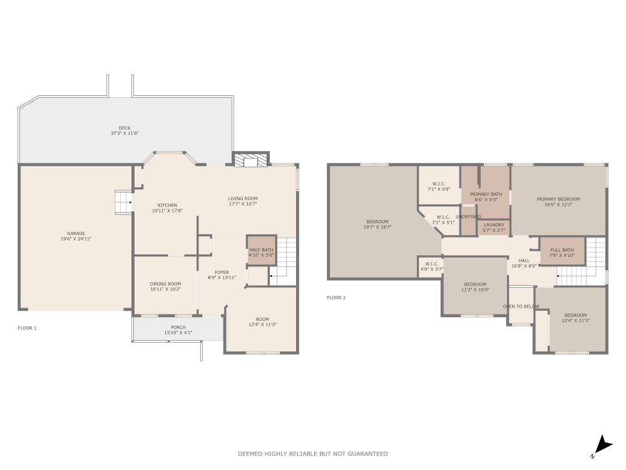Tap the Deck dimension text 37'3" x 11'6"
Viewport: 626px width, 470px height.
point(125,133)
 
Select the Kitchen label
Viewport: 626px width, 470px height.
point(167,206)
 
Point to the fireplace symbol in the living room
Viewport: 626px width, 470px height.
point(250,161)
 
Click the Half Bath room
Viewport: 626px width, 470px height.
point(261,250)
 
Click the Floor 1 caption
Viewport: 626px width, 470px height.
point(27,328)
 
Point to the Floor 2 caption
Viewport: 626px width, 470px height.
point(336,298)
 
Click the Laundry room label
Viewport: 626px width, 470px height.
point(495,225)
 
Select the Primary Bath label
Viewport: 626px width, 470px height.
point(486,194)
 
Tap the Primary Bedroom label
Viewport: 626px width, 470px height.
point(558,199)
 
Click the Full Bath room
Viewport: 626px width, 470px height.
point(562,250)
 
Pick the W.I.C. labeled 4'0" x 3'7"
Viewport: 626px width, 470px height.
point(432,266)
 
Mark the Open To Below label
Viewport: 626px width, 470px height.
point(521,306)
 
